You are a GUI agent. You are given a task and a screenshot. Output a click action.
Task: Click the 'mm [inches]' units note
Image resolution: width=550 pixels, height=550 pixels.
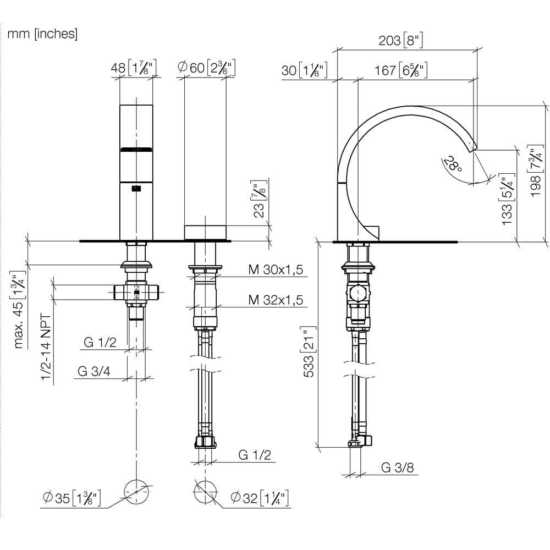coord(42,34)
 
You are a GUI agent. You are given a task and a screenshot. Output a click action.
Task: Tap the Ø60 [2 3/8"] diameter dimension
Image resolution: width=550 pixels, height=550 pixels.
coord(206,67)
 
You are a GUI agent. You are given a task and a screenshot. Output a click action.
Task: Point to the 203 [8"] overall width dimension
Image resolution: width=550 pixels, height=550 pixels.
coord(400,40)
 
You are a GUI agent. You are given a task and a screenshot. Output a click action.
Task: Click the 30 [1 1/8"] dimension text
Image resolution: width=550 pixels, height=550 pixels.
coord(305,70)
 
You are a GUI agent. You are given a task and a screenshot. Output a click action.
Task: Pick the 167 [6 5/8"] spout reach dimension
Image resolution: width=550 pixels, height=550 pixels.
coord(401,70)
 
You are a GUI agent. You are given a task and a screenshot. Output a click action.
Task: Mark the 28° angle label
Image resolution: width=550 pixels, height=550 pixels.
coord(453,164)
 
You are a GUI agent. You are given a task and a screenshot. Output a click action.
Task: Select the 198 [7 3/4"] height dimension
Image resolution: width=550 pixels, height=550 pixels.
coord(536,171)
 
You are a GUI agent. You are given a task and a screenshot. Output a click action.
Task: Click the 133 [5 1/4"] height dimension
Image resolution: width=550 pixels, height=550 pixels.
coord(507,199)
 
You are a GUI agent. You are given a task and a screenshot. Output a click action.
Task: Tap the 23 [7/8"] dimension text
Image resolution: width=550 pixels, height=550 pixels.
coord(260,199)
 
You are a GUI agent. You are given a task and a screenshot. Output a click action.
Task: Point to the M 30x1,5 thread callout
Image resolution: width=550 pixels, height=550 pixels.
coord(276,269)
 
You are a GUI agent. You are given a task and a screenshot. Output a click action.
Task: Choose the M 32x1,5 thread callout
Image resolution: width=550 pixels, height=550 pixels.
coord(276,300)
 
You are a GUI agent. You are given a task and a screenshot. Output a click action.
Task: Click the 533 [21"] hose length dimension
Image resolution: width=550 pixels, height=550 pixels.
coord(309,352)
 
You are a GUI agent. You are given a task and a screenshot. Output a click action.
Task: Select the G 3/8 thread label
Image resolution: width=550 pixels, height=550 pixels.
coord(398,467)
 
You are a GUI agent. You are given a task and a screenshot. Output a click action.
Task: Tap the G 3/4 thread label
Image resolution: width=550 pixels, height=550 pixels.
coord(94,371)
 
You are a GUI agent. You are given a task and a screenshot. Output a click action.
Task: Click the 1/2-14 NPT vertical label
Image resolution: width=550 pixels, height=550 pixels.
coord(46,347)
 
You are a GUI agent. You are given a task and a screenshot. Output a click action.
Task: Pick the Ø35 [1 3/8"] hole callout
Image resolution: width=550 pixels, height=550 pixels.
coord(71,498)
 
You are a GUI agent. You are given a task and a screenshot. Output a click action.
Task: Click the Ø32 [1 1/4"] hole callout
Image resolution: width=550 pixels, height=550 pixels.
coord(260,498)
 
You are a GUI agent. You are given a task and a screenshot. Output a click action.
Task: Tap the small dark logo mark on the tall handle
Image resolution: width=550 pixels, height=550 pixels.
coord(136,189)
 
